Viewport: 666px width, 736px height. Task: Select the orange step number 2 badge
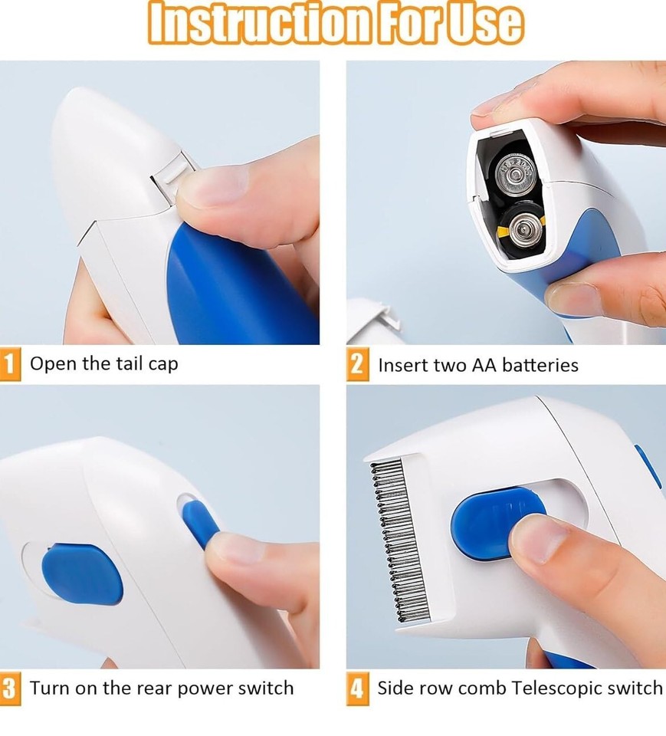(357, 364)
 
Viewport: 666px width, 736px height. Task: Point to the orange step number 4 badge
(357, 688)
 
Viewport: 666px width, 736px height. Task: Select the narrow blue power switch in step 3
(200, 522)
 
